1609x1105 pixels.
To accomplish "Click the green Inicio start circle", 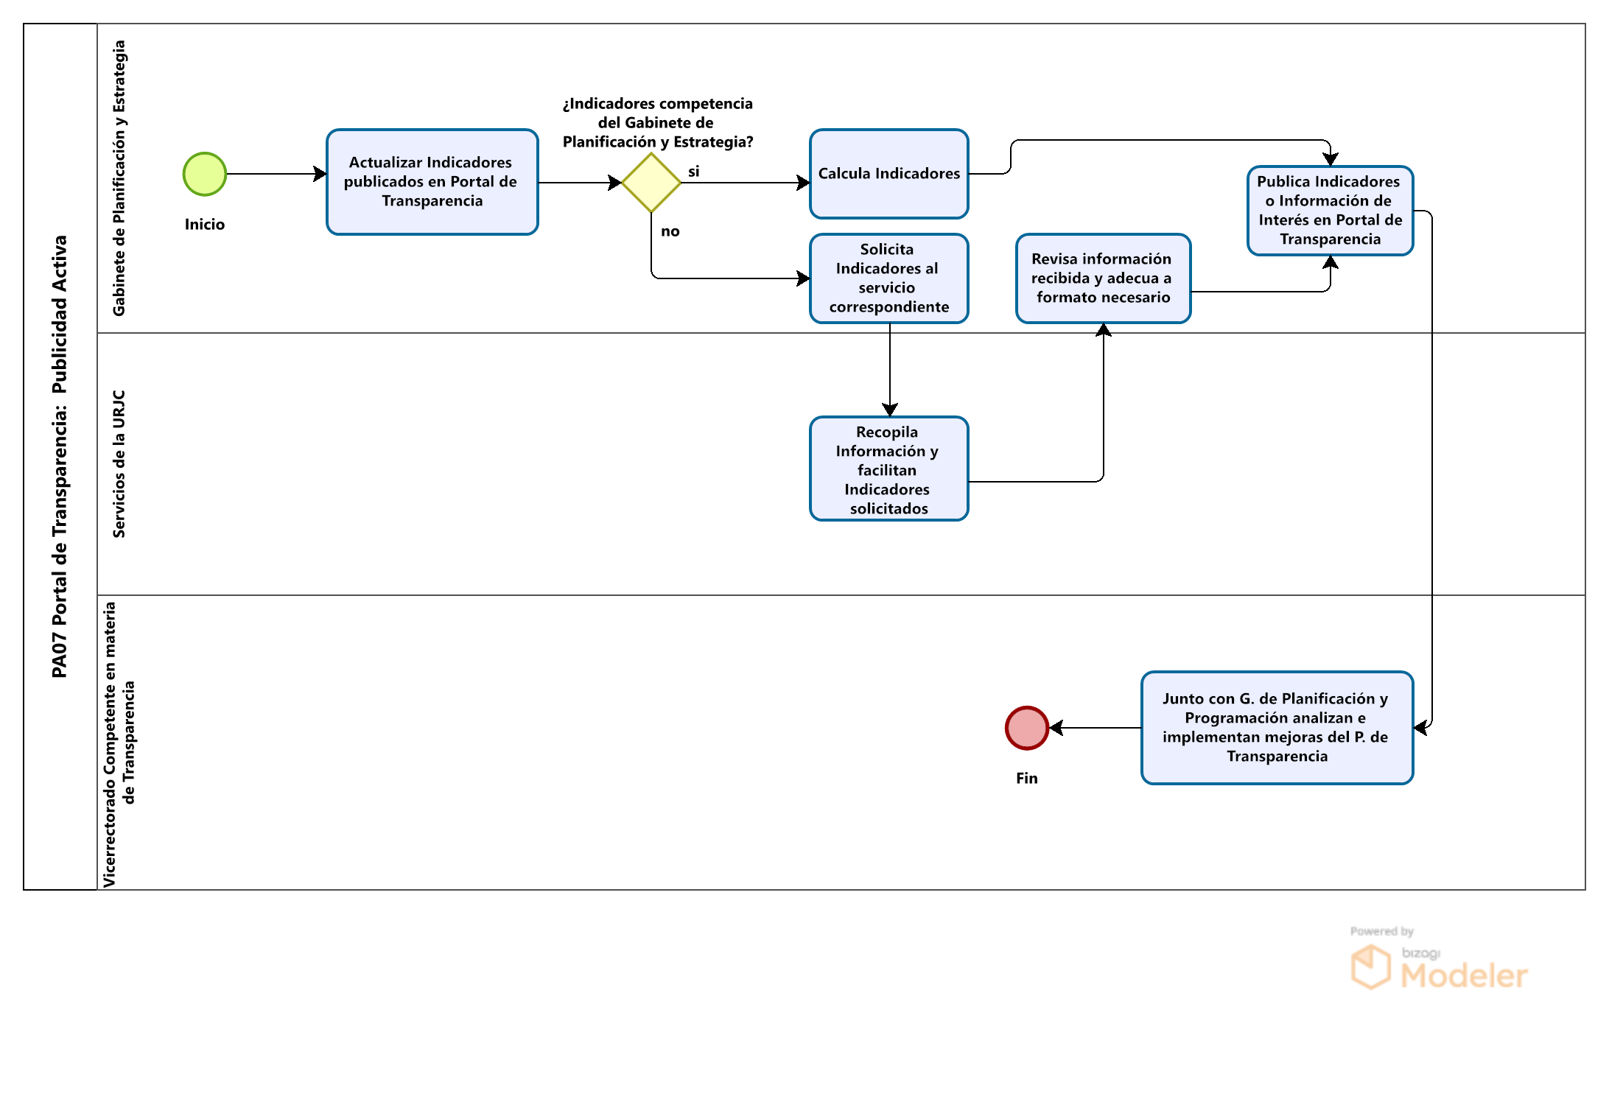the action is (x=205, y=174).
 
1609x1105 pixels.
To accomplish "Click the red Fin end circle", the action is (x=1027, y=728).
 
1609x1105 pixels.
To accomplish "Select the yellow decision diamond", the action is (x=651, y=183).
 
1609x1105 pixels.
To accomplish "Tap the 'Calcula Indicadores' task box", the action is (x=889, y=174).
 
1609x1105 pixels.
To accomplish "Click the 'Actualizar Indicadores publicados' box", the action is (x=432, y=182).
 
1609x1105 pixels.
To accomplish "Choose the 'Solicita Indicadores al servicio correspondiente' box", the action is (x=889, y=278).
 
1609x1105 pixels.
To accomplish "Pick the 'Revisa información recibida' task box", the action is (x=1104, y=278).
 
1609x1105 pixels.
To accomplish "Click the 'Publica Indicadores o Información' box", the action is (x=1331, y=211).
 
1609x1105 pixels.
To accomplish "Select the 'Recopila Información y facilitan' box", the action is (x=889, y=469).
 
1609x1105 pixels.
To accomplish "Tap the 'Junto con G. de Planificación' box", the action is (x=1277, y=728).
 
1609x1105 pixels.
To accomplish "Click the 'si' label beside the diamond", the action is (x=694, y=172).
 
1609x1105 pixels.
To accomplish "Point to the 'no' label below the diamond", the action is (x=670, y=231).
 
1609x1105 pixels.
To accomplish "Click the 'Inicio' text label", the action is (x=205, y=225).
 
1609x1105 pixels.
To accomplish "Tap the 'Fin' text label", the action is (x=1027, y=779).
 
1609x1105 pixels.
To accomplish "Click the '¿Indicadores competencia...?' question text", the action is (x=658, y=123).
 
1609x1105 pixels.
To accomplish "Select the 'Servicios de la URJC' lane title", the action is (x=119, y=464).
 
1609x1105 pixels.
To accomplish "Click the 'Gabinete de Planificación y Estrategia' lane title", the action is (x=119, y=178).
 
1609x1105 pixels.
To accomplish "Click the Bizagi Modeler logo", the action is (x=1439, y=958).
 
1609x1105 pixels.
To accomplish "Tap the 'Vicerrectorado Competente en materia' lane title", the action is (x=119, y=744).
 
